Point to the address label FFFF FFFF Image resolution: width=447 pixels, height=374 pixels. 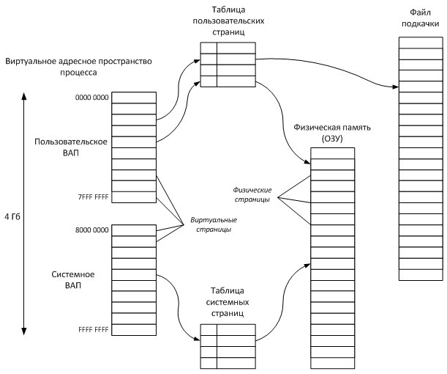click(92, 330)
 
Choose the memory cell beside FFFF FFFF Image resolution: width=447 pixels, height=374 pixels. click(133, 331)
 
